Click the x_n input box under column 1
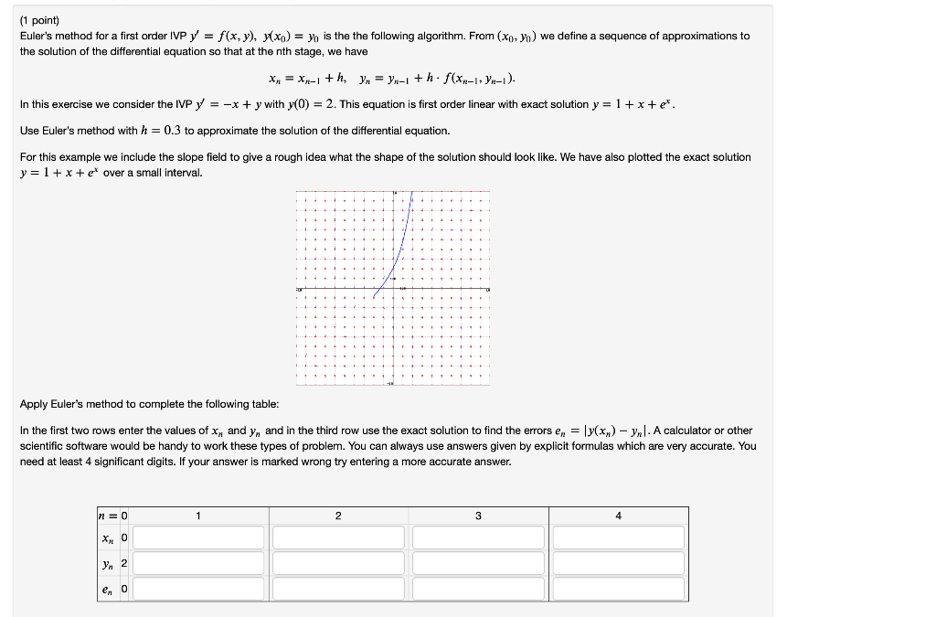(x=197, y=537)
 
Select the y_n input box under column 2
(x=338, y=563)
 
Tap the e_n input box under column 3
(x=478, y=589)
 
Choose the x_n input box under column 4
(x=618, y=537)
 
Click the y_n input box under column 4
(x=618, y=563)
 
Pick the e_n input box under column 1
(x=197, y=589)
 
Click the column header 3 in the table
(x=478, y=516)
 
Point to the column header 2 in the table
(x=338, y=516)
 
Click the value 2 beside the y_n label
(x=124, y=563)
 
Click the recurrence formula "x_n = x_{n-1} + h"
(x=310, y=79)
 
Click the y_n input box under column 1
(x=197, y=563)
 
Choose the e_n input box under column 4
(x=618, y=589)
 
